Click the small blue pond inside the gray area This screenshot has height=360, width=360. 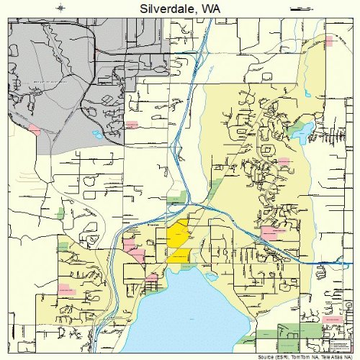tap(97, 134)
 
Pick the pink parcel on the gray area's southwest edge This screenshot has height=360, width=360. tap(33, 130)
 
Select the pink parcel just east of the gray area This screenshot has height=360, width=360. tap(132, 124)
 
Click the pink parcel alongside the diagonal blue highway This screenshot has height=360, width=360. tap(269, 232)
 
